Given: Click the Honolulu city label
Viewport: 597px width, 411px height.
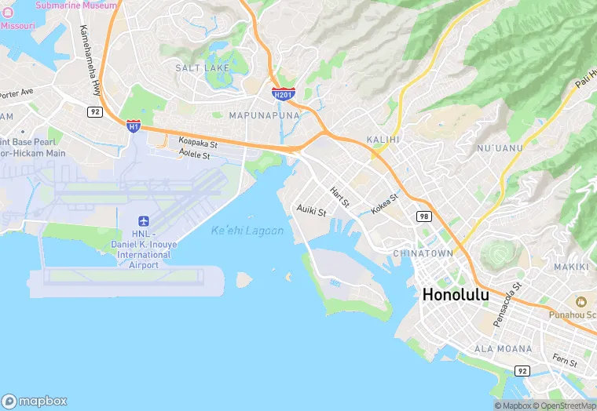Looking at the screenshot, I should pos(456,295).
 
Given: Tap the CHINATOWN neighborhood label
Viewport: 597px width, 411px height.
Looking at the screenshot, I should pos(423,253).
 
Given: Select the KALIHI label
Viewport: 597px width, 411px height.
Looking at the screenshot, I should pos(383,140).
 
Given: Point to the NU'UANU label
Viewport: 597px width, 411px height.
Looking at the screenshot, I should pos(498,147).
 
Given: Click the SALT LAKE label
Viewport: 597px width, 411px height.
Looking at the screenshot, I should pos(203,68).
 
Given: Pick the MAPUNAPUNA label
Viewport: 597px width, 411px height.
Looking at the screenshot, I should pos(264,115).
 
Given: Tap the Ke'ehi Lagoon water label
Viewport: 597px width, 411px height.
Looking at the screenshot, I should pos(247,231).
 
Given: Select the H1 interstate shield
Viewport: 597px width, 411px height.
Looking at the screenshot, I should pos(134,125).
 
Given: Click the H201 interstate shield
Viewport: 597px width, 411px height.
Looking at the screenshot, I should pos(284,94).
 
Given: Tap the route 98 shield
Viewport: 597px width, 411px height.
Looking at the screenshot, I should pos(424,216).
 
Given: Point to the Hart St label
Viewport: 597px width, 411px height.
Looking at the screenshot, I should pos(339,197).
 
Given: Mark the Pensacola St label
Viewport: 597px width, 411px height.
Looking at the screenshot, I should pos(507,306).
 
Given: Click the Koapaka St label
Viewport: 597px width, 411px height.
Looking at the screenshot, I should pos(198,144).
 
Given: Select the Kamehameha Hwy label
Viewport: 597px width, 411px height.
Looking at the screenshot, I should pos(91,60).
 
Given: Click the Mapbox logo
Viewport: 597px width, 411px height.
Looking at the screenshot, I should pos(35,401).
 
